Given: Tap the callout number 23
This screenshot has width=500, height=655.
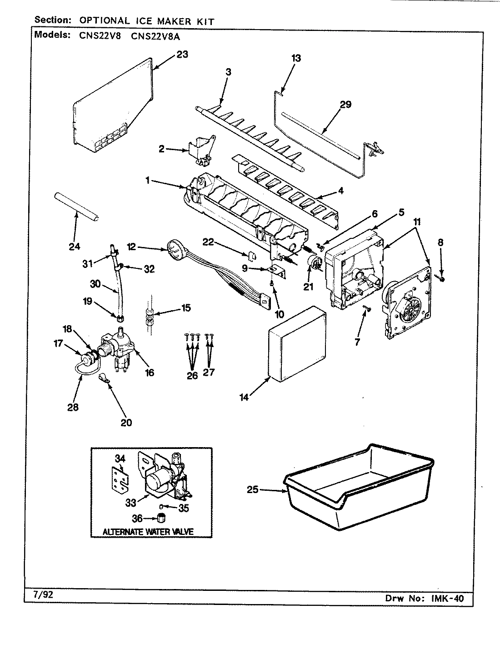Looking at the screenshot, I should click(x=182, y=55).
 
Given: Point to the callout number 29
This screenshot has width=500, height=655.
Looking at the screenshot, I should click(x=345, y=105).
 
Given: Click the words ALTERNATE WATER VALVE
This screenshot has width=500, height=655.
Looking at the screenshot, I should click(x=148, y=531).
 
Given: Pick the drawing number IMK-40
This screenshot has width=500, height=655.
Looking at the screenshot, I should click(x=449, y=598).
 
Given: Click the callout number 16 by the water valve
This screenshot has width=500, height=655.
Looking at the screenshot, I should click(x=149, y=373).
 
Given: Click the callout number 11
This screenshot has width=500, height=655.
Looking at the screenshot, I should click(x=417, y=222).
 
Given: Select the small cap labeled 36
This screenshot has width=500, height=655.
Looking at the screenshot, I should click(x=160, y=518).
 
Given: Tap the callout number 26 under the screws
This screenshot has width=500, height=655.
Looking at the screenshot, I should click(x=192, y=376).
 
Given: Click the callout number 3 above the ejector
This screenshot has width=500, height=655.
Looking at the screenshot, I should click(x=228, y=72).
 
